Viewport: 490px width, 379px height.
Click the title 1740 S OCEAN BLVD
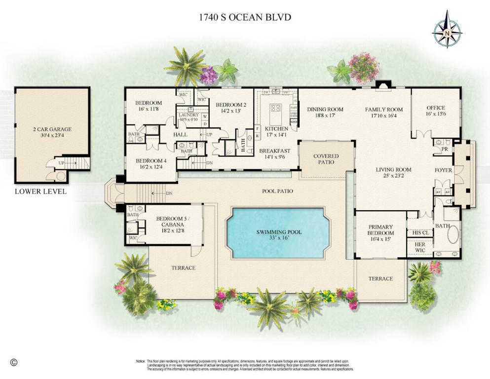coord(245,17)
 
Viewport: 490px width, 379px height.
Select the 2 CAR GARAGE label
coord(52,129)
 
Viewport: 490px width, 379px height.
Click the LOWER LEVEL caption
coord(40,191)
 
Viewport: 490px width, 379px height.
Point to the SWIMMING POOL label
coord(279,232)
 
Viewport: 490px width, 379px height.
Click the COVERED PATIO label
coord(326,159)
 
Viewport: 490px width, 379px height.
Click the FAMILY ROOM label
coord(383,110)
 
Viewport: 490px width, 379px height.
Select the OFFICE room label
coord(436,108)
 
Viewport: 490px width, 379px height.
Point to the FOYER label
coord(443,170)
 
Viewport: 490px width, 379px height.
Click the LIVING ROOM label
coord(393,170)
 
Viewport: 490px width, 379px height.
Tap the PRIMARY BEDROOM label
coord(380,230)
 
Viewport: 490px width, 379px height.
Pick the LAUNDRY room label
coord(188,114)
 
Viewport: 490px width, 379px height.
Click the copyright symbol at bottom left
coord(14,362)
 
